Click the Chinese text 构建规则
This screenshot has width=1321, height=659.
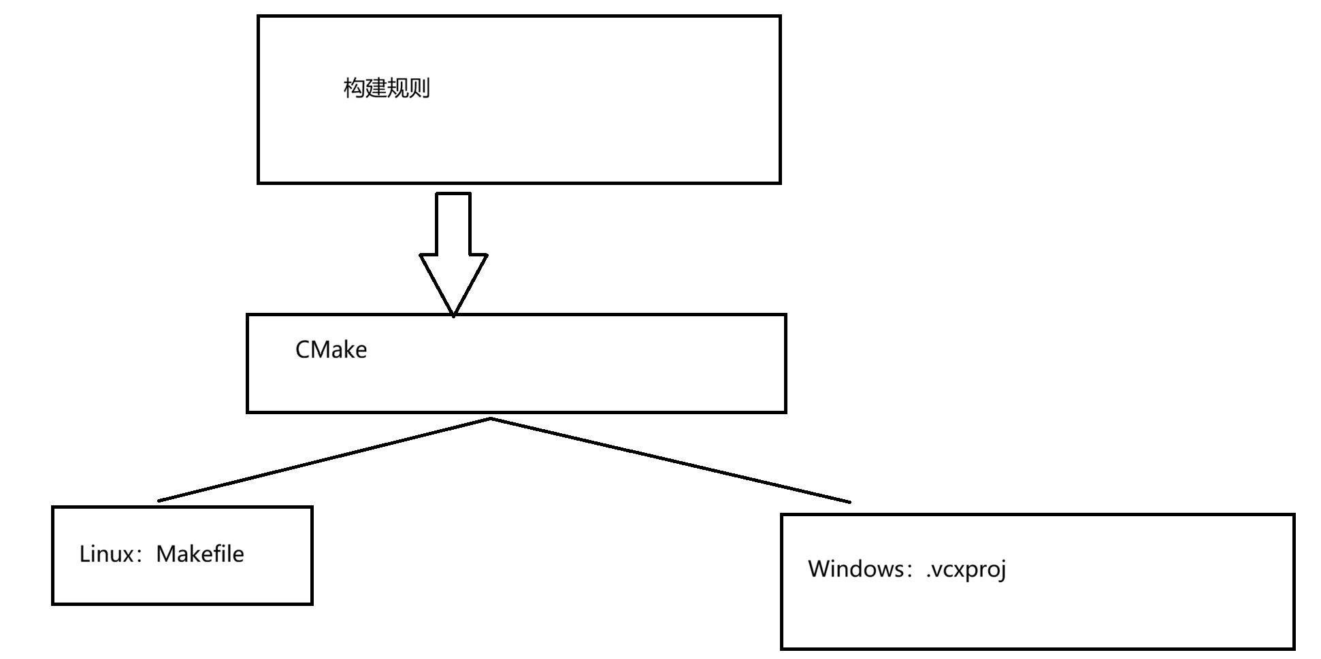pos(387,88)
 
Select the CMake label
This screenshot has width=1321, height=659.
pos(331,350)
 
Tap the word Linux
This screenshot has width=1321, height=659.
pos(107,554)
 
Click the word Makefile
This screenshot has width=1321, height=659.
pos(200,554)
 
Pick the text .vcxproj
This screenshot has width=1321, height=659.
pos(966,569)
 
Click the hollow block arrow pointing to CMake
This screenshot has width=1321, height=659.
pos(453,231)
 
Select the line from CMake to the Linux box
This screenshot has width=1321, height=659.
pos(324,460)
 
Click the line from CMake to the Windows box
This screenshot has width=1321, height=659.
pos(670,460)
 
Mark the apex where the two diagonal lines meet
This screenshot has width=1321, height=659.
pos(491,418)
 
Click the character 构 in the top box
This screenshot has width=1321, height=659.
pos(354,88)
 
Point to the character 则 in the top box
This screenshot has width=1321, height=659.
pos(419,88)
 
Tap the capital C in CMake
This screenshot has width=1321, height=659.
pos(303,350)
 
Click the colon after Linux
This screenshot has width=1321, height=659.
pos(143,555)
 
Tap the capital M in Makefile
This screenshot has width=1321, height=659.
pos(166,554)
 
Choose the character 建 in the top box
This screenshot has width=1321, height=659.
pos(376,88)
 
